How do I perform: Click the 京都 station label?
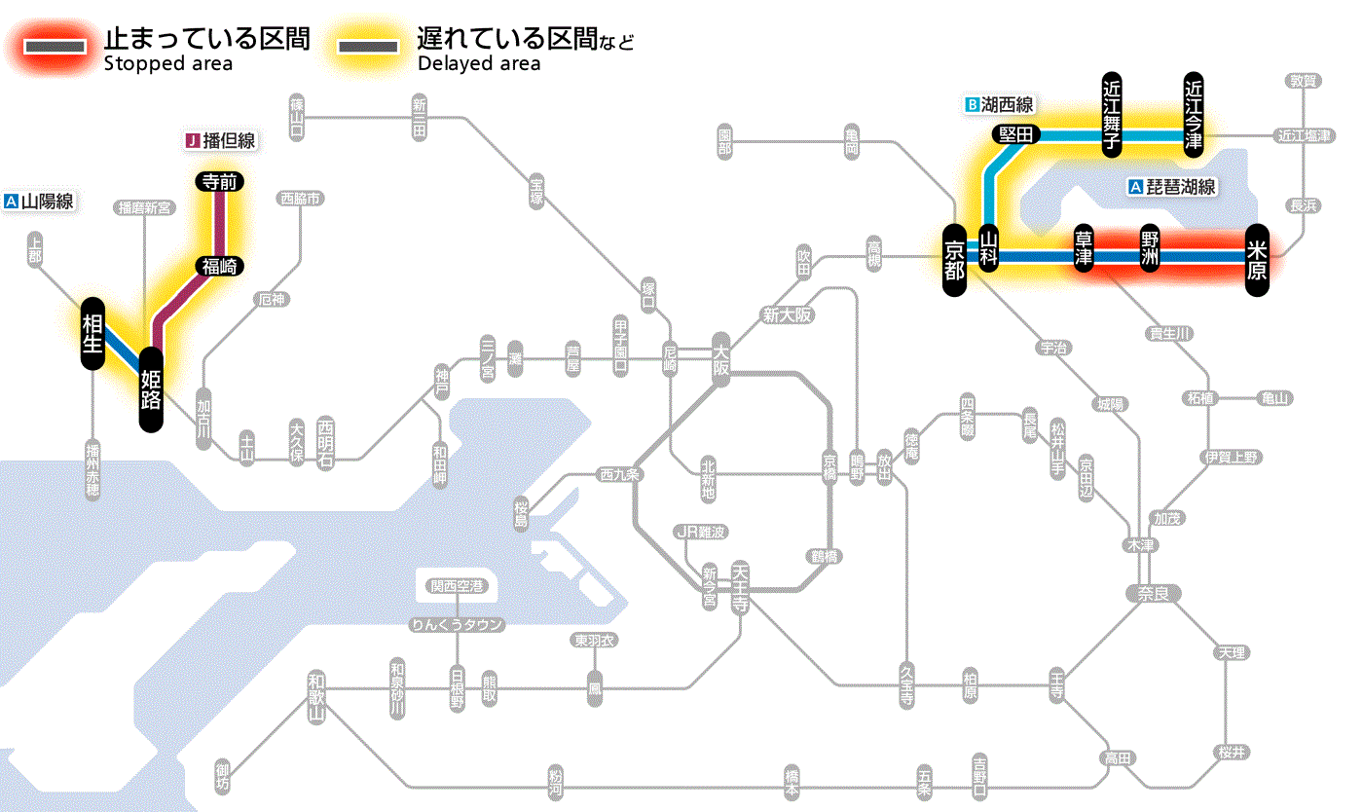[x=954, y=258]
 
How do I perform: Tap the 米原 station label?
[x=1257, y=258]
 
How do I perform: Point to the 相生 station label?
[x=92, y=333]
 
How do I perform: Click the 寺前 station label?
[x=220, y=181]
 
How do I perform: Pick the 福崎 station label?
[x=220, y=266]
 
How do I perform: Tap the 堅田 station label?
[x=1016, y=134]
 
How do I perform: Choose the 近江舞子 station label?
[x=1112, y=113]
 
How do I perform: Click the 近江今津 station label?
[x=1194, y=113]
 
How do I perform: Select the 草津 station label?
[x=1084, y=249]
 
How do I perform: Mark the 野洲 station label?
[x=1150, y=249]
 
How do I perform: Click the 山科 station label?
[x=989, y=249]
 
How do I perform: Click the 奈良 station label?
[x=1153, y=592]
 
